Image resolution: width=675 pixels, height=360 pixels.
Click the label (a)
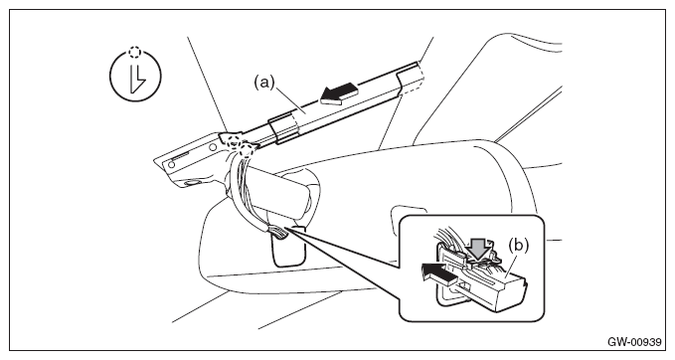tap(263, 82)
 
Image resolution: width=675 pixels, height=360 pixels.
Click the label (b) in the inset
tap(518, 246)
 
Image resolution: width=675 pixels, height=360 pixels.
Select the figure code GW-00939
tap(634, 342)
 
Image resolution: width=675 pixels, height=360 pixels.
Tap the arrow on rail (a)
tap(339, 94)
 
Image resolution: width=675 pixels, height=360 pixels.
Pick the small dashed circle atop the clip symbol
tap(135, 52)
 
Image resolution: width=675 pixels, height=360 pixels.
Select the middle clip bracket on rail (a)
tap(283, 127)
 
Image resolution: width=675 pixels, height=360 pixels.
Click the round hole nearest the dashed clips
tap(213, 146)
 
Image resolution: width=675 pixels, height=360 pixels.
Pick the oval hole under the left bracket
tap(191, 183)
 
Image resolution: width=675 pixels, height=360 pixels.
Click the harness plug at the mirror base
tap(279, 233)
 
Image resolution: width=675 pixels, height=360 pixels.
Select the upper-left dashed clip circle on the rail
tap(234, 140)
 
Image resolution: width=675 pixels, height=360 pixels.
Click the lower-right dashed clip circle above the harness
tap(247, 150)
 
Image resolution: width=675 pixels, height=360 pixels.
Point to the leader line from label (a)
tap(289, 99)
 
